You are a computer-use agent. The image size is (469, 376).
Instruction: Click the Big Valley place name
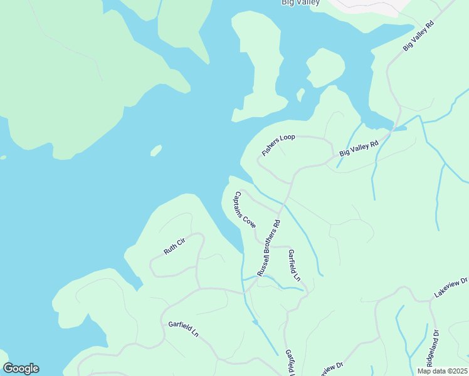300,3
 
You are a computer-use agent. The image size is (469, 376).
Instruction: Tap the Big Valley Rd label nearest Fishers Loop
359,149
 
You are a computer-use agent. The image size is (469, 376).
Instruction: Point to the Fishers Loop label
278,145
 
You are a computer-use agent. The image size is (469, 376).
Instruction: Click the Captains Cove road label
245,209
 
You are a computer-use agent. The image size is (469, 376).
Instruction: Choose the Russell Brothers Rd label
268,248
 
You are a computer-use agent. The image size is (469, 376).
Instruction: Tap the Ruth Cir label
175,246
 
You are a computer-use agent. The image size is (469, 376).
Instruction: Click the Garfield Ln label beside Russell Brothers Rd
294,264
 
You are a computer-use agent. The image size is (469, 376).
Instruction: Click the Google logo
21,368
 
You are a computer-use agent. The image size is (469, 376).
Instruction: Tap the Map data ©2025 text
442,371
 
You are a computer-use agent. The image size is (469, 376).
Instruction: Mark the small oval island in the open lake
156,150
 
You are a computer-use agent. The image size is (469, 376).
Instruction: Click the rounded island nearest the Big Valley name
325,67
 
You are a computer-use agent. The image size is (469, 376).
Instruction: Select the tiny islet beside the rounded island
300,94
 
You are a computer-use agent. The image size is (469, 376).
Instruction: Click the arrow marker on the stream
255,323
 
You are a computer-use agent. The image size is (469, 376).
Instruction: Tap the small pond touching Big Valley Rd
399,128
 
